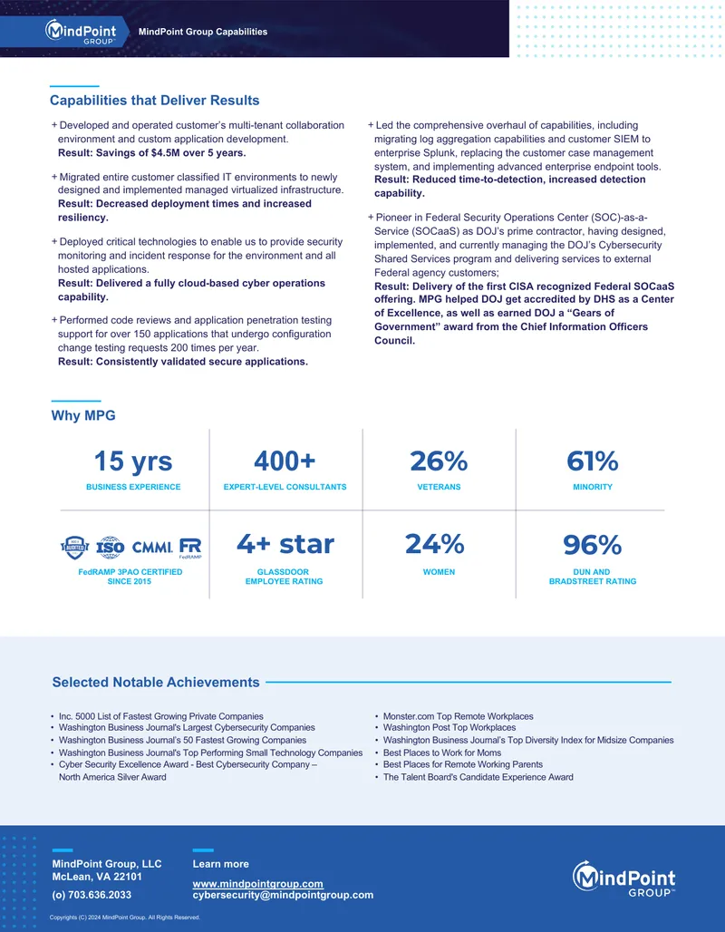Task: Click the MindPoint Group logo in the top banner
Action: pyautogui.click(x=81, y=32)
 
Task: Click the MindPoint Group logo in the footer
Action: pyautogui.click(x=624, y=879)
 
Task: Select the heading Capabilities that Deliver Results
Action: pyautogui.click(x=154, y=101)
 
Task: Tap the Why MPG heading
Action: pyautogui.click(x=83, y=415)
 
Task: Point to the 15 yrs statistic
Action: pyautogui.click(x=133, y=461)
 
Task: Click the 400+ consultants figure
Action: pyautogui.click(x=285, y=461)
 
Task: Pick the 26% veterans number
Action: pyautogui.click(x=439, y=461)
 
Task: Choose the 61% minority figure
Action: pyautogui.click(x=593, y=461)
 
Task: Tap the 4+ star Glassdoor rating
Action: pyautogui.click(x=285, y=544)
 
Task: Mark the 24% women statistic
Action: pyautogui.click(x=435, y=544)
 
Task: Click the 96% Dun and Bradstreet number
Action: pyautogui.click(x=593, y=545)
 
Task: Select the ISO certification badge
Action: pyautogui.click(x=110, y=548)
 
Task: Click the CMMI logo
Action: pyautogui.click(x=152, y=548)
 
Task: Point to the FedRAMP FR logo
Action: pyautogui.click(x=190, y=548)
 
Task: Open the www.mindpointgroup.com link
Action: pyautogui.click(x=258, y=884)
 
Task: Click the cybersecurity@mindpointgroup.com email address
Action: pyautogui.click(x=283, y=895)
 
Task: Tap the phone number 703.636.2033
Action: pyautogui.click(x=92, y=895)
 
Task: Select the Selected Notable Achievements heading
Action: pyautogui.click(x=156, y=683)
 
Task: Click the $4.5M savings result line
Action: pyautogui.click(x=151, y=152)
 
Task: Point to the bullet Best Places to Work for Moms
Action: pyautogui.click(x=442, y=752)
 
